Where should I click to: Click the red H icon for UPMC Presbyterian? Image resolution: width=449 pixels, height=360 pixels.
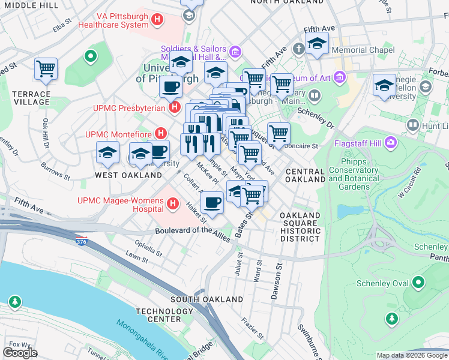175,108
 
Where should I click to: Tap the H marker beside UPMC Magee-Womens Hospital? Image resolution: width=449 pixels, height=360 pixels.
173,204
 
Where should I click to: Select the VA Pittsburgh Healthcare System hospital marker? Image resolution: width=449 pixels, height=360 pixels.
157,20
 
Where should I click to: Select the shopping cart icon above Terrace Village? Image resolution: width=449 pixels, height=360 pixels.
46,70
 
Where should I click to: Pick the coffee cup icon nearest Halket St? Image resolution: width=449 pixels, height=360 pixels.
211,203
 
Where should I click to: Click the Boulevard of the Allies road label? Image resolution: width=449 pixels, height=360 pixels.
192,231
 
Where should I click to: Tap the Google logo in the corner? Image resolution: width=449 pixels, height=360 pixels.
20,352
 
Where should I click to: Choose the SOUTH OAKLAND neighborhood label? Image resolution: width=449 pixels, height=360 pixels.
200,299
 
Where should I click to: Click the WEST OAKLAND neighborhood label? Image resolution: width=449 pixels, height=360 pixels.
128,175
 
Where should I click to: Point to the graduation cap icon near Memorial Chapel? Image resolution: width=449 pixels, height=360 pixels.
316,44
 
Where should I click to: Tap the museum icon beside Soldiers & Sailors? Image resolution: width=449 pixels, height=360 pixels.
235,53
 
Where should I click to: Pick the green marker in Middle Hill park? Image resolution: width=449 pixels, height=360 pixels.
91,58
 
